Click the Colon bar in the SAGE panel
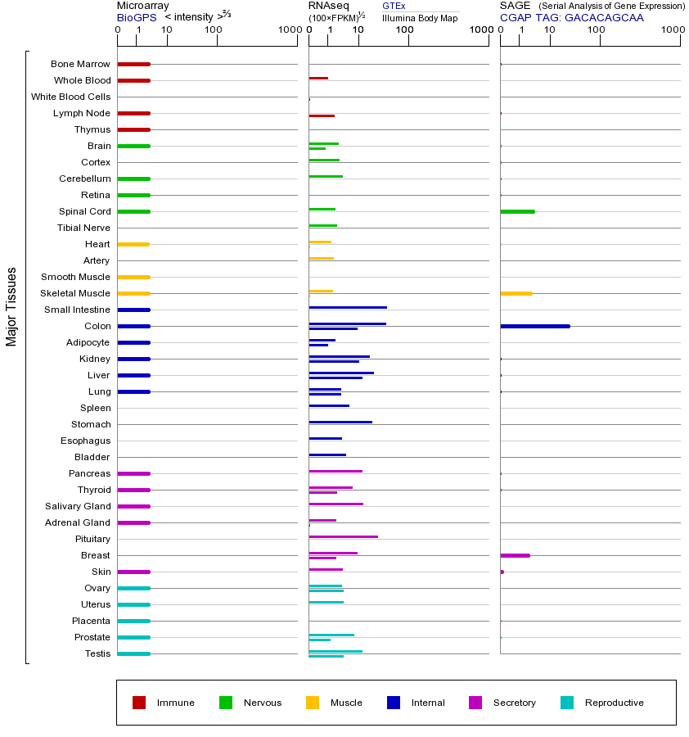534,326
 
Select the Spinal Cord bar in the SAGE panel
517,211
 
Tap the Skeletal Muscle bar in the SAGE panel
516,293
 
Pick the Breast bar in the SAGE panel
515,555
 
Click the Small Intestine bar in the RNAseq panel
348,307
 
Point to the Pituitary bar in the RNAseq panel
343,536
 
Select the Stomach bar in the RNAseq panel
340,422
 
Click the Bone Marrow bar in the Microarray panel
133,64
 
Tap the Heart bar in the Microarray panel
133,244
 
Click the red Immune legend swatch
139,703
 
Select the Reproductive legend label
614,703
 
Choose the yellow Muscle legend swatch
313,703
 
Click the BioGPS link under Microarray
135,17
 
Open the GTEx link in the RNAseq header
394,6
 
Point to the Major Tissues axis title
11,307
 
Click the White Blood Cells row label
70,97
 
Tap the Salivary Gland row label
79,506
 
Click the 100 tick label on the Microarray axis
214,30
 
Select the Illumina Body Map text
420,18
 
